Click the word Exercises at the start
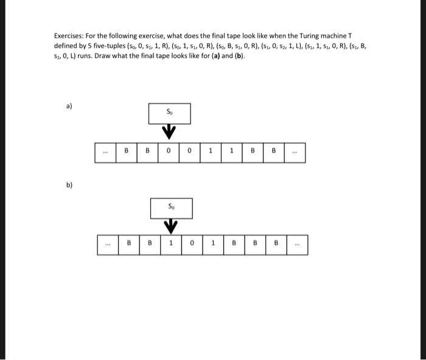[x=70, y=37]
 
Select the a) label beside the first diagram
[x=69, y=106]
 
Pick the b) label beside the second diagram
[x=69, y=183]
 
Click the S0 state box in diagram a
[x=169, y=113]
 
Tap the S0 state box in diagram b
[x=171, y=208]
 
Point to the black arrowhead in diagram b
[x=171, y=226]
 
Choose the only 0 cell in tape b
[x=192, y=245]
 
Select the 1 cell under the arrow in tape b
[x=171, y=245]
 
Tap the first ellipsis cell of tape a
[x=105, y=153]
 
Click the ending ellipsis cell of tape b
[x=296, y=245]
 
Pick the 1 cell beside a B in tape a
[x=232, y=153]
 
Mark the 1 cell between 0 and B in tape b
[x=213, y=245]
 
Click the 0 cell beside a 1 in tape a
[x=190, y=153]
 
